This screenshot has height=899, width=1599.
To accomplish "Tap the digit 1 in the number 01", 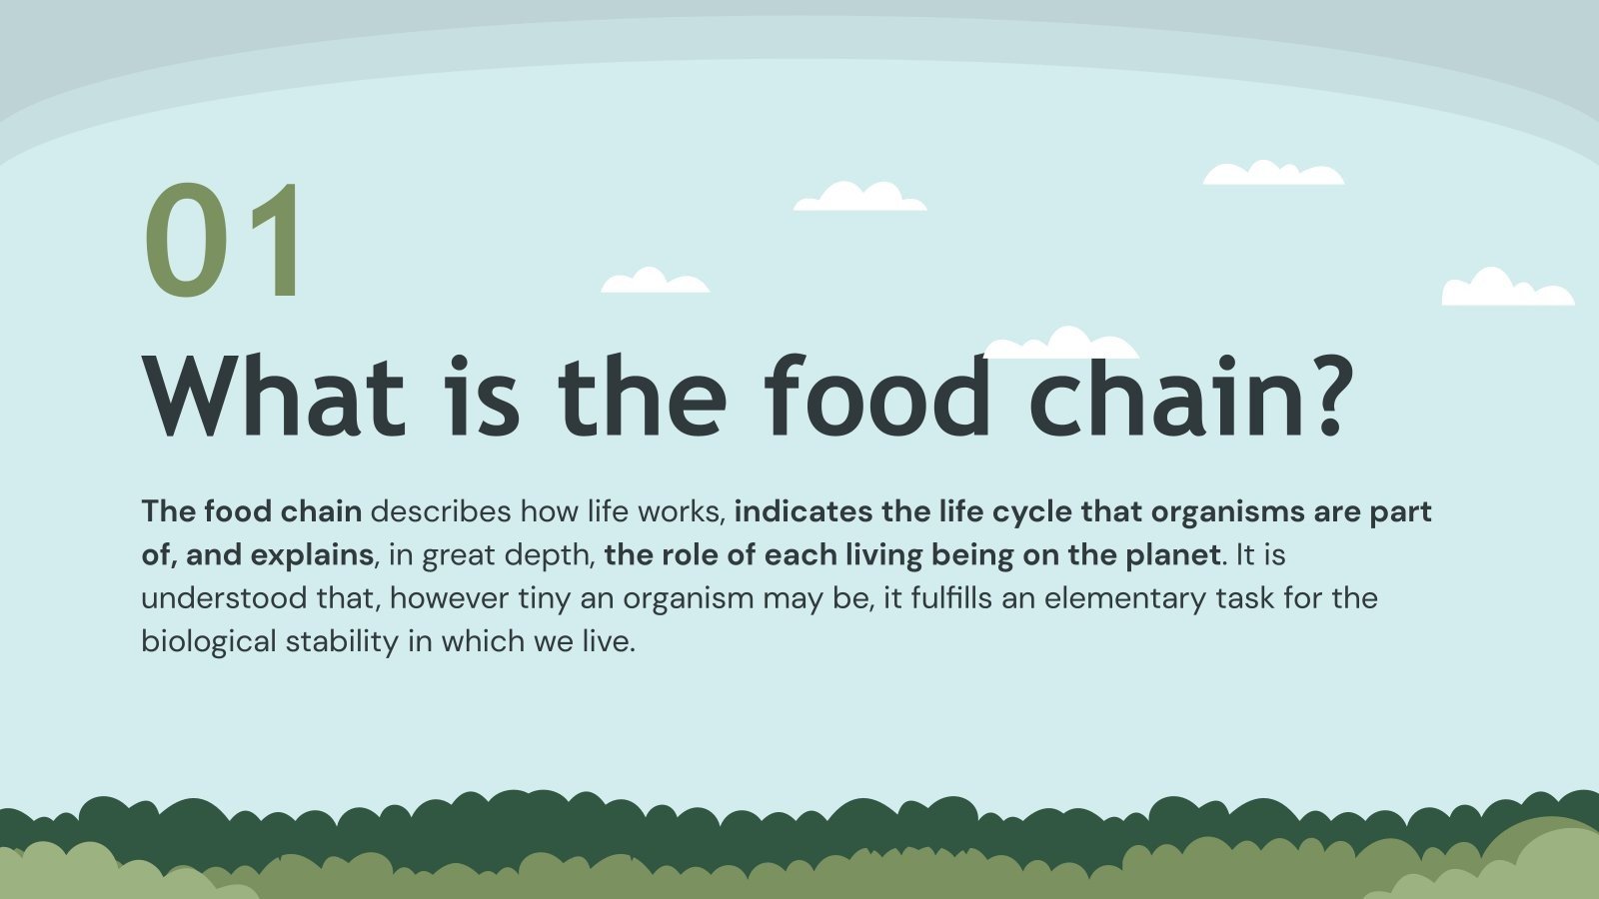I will (275, 240).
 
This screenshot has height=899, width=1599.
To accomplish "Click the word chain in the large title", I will (1165, 397).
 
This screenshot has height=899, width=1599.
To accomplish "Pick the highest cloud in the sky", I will (1272, 174).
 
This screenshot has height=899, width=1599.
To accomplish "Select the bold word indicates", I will (803, 511).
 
